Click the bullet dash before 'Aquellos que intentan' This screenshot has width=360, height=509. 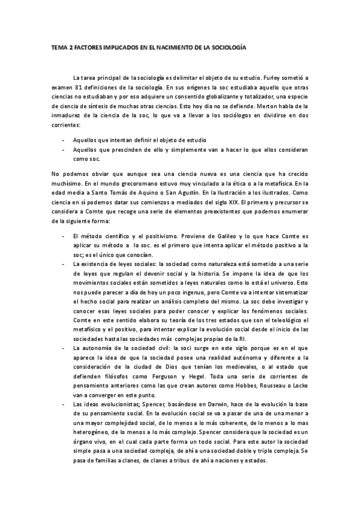[64, 139]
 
